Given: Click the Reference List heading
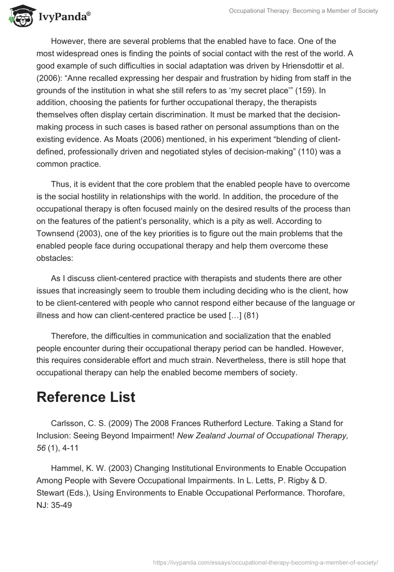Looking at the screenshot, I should coord(86,397).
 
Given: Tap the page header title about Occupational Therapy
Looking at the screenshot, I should coord(303,11).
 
